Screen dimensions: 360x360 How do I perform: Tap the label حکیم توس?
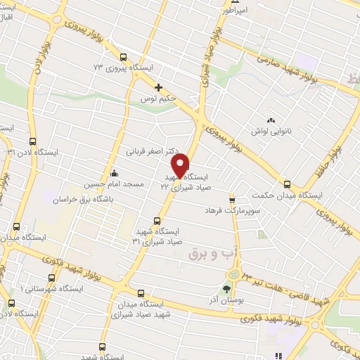[x=158, y=99]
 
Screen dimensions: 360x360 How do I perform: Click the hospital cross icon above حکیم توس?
[x=158, y=88]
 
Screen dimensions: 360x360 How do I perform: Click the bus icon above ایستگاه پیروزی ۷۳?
[x=124, y=58]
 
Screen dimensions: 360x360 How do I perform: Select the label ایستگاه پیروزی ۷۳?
[x=124, y=69]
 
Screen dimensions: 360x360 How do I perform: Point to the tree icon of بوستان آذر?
[x=226, y=288]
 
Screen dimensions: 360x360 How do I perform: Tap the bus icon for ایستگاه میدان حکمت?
[x=287, y=184]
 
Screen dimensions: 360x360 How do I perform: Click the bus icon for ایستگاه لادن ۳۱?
[x=32, y=141]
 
